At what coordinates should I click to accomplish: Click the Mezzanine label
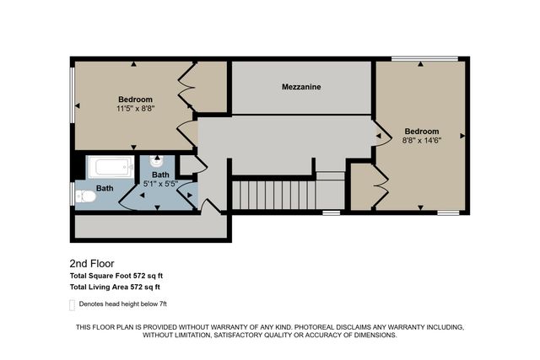tap(301, 87)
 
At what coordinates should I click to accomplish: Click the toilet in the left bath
tap(86, 196)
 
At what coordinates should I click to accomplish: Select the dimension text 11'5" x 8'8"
tap(135, 109)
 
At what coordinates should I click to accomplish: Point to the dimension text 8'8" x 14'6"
tap(421, 141)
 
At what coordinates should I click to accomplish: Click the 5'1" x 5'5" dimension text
tap(160, 183)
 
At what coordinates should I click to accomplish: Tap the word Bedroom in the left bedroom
tap(135, 99)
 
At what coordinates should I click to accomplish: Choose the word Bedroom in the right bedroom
tap(421, 131)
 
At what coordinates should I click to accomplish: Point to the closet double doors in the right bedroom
tap(381, 180)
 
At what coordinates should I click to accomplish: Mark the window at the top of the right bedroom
tap(425, 58)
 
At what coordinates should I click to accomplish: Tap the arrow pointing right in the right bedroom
tap(462, 135)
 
